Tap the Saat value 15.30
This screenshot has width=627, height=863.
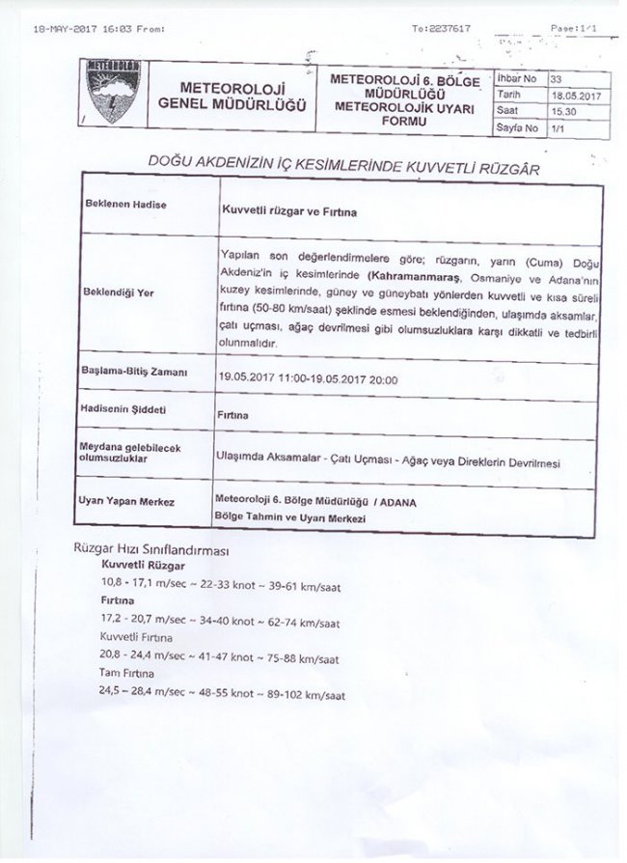coord(560,111)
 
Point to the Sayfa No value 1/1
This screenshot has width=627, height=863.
coord(557,127)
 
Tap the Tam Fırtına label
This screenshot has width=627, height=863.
coord(127,673)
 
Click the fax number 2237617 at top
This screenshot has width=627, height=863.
coord(447,29)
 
